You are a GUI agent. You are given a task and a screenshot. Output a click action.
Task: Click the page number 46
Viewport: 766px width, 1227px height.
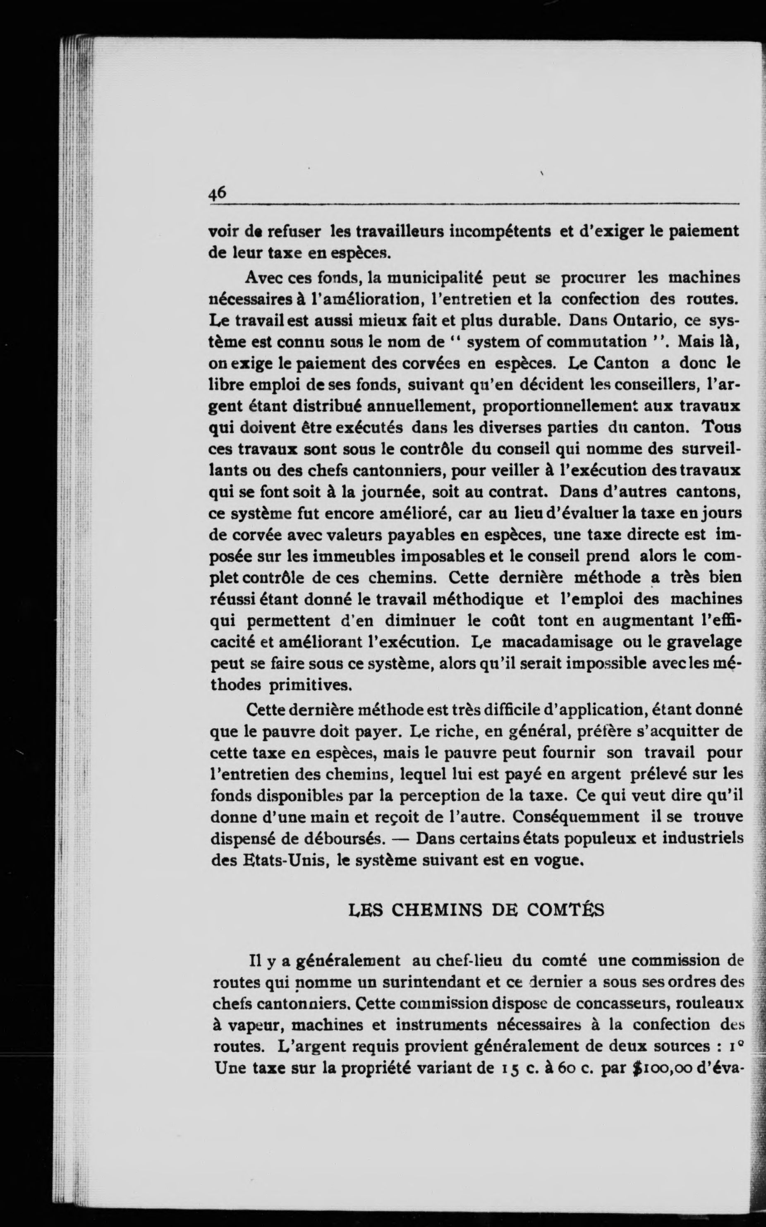click(217, 193)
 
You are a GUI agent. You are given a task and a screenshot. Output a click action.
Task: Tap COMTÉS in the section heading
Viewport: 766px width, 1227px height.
click(565, 910)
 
